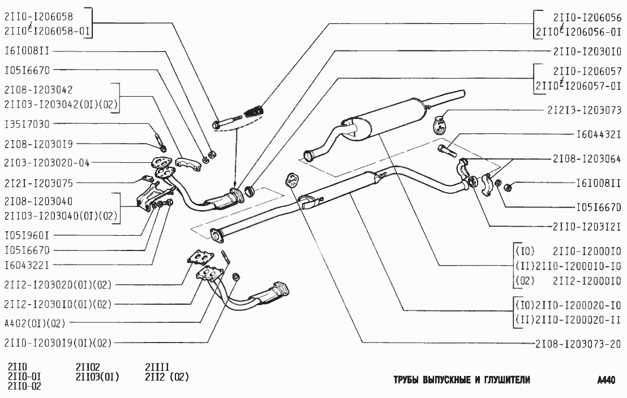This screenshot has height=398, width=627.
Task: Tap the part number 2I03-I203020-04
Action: tap(47, 163)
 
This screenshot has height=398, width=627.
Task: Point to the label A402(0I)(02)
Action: tap(35, 323)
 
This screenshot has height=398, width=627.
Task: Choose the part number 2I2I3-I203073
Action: tap(585, 110)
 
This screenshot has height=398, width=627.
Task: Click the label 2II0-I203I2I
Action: tap(588, 227)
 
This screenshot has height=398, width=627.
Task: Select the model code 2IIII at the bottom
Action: tap(157, 366)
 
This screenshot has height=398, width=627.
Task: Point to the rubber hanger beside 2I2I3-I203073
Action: tap(440, 124)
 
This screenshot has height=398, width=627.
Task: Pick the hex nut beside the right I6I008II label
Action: tap(508, 184)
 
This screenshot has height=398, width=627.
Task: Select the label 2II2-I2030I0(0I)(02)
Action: tap(58, 304)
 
